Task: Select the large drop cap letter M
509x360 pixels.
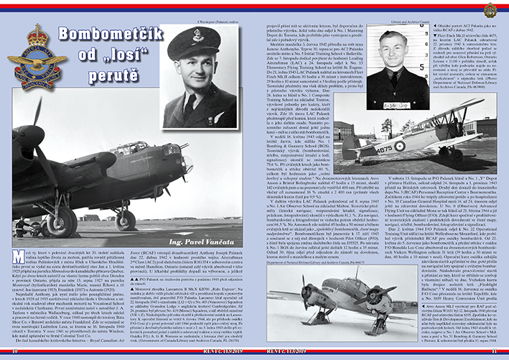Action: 21,256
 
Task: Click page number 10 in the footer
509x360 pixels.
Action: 14,352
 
